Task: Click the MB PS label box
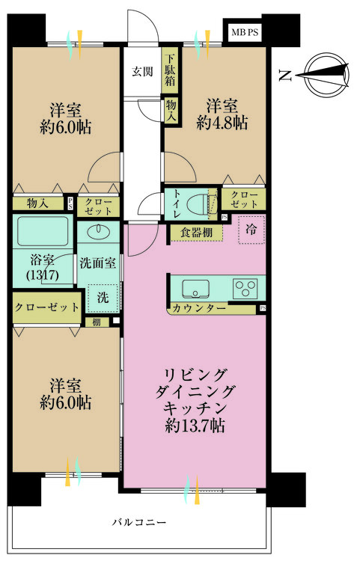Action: tap(245, 32)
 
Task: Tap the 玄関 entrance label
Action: tap(142, 72)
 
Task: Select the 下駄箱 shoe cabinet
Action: tap(170, 71)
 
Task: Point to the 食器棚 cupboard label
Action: tap(196, 233)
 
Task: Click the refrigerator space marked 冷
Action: tap(251, 230)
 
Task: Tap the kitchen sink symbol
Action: tap(196, 289)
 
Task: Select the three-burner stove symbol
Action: tap(245, 289)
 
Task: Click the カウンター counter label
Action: tap(199, 308)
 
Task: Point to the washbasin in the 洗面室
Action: tap(98, 232)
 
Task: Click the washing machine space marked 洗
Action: tap(103, 297)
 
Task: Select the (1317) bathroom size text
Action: tap(43, 275)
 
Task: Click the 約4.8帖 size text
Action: tap(222, 123)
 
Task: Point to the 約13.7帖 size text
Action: tap(195, 426)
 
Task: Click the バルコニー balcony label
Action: tap(139, 522)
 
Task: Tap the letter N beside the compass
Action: tap(285, 76)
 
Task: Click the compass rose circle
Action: tap(327, 76)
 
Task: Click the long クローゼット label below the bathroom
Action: tap(47, 307)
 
